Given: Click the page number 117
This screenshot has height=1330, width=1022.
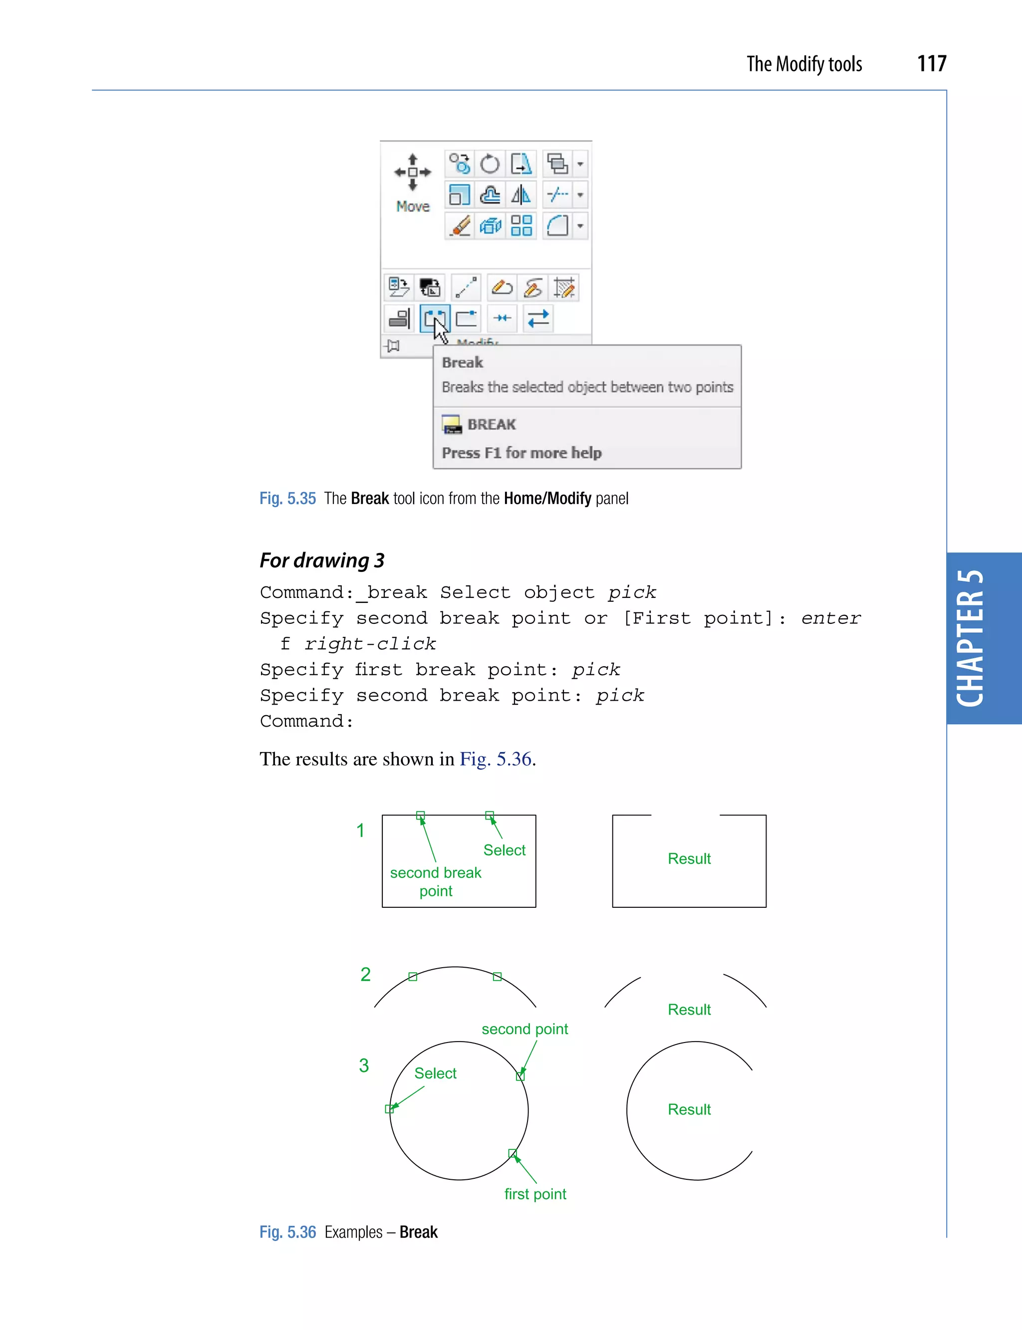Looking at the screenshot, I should (931, 63).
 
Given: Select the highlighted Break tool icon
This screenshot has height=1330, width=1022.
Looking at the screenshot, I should (434, 318).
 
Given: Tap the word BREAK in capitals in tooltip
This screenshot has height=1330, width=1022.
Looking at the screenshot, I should (492, 424).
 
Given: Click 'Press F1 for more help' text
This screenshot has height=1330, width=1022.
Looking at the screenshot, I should (521, 453).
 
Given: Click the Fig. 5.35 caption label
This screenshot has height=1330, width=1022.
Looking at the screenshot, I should (287, 498).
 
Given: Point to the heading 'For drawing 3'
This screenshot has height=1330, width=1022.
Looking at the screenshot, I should (322, 560).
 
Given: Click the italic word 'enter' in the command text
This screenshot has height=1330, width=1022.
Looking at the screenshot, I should (830, 618).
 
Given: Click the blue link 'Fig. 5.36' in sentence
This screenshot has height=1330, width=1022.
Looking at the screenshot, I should (495, 759).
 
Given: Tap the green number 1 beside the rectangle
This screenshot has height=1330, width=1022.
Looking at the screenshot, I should (360, 830).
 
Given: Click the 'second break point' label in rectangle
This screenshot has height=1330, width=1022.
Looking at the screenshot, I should (436, 881).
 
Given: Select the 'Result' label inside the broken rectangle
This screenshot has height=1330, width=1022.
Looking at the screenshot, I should (689, 858).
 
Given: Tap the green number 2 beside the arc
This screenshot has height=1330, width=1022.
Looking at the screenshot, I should (365, 974).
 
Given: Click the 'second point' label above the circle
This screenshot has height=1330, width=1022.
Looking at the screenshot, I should (524, 1029).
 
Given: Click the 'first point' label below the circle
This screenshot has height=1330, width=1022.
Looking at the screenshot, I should (535, 1194).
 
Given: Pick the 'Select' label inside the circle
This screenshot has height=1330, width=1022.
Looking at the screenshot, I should (435, 1073).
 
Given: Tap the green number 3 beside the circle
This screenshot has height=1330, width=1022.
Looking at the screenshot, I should (364, 1065).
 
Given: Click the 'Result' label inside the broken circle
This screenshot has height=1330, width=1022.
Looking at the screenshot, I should (689, 1109).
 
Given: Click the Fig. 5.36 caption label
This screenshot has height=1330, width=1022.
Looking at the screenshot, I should (287, 1232).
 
